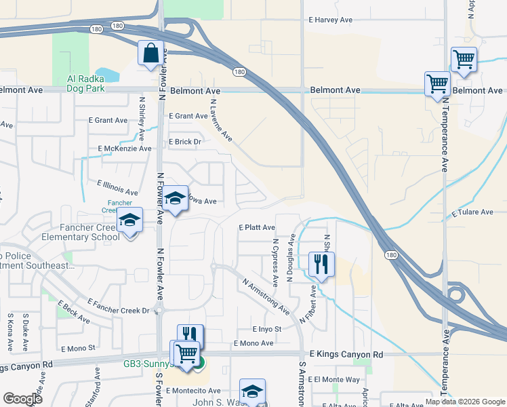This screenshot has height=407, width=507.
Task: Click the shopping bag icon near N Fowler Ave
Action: tap(150, 54)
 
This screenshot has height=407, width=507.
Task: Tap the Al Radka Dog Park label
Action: tap(94, 83)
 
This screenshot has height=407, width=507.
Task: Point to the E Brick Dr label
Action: tap(185, 142)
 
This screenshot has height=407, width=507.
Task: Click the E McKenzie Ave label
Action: tap(125, 149)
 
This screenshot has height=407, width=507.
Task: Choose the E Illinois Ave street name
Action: tap(117, 188)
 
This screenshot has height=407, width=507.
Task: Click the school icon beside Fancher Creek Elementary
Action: tap(129, 221)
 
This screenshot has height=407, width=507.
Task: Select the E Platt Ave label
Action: tap(257, 227)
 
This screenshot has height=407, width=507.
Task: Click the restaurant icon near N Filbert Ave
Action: tap(321, 263)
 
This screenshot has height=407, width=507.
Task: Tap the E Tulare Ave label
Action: tap(472, 212)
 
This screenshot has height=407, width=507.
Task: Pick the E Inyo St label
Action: tap(266, 329)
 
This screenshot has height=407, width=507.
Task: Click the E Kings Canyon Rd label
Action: tap(346, 354)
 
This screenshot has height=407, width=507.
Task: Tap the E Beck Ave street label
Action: tap(74, 311)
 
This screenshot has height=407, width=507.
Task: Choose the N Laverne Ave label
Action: tap(221, 121)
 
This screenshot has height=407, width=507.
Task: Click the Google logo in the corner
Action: tap(22, 399)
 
